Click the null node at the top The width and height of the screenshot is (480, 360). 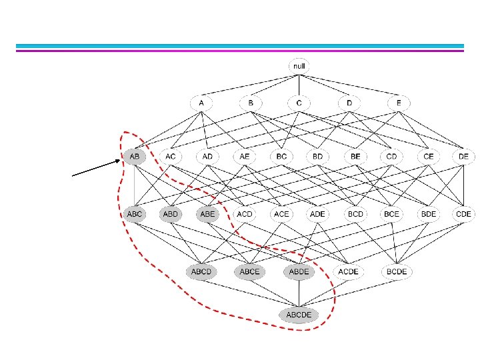299,67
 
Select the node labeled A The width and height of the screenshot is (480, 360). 201,103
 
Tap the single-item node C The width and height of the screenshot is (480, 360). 299,103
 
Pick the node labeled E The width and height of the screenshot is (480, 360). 398,103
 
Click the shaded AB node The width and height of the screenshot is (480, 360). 134,157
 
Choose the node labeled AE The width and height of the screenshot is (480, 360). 244,157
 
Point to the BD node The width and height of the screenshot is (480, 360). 317,157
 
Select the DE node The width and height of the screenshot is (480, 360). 463,157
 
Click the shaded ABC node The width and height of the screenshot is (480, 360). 134,214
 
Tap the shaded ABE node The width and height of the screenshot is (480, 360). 207,214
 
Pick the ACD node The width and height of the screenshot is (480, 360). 244,214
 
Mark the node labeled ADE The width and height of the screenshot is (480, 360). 317,214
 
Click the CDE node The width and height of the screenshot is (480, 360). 463,214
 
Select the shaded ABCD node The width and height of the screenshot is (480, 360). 201,272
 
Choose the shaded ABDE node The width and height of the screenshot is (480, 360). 299,272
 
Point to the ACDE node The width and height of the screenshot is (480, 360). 349,272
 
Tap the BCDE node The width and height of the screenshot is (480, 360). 398,272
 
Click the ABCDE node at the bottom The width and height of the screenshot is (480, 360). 299,315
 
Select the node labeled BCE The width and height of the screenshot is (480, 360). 391,214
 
